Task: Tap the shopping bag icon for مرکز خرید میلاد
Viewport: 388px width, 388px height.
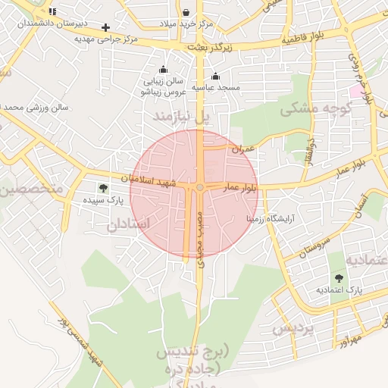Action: pyautogui.click(x=186, y=12)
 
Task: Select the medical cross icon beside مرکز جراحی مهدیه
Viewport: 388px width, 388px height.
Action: pyautogui.click(x=106, y=27)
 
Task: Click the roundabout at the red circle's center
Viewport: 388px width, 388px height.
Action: pyautogui.click(x=199, y=187)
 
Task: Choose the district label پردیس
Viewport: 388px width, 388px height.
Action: pyautogui.click(x=293, y=330)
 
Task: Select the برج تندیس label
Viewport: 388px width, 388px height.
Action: pyautogui.click(x=199, y=352)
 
